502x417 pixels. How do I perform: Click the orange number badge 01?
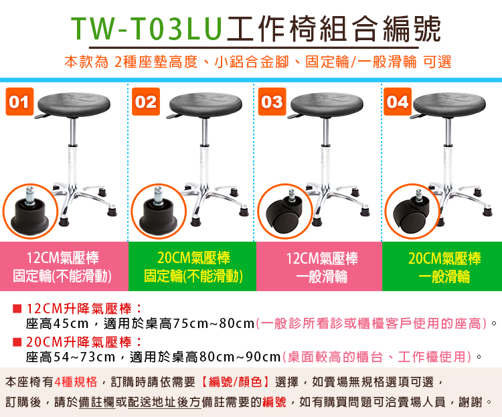point(19,102)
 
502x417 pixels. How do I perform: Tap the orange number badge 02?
point(146,102)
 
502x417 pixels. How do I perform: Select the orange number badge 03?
point(272,102)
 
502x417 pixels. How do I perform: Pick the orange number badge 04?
point(398,102)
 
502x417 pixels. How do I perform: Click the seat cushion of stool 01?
point(74,104)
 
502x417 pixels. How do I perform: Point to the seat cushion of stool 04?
point(449,104)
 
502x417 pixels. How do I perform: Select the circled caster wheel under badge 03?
point(285,212)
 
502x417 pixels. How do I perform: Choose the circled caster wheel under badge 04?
point(411,212)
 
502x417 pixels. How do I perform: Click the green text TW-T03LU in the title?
point(147,29)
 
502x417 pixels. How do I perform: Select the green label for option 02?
point(192,266)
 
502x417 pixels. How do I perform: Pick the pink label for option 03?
point(319,266)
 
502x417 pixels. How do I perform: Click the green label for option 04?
point(442,266)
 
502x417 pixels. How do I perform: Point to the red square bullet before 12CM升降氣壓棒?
point(17,309)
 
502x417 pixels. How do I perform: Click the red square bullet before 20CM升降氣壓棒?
point(17,342)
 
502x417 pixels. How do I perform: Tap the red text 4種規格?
point(76,382)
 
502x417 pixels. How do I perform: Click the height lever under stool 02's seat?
point(175,116)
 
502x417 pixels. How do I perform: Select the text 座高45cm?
point(58,324)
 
